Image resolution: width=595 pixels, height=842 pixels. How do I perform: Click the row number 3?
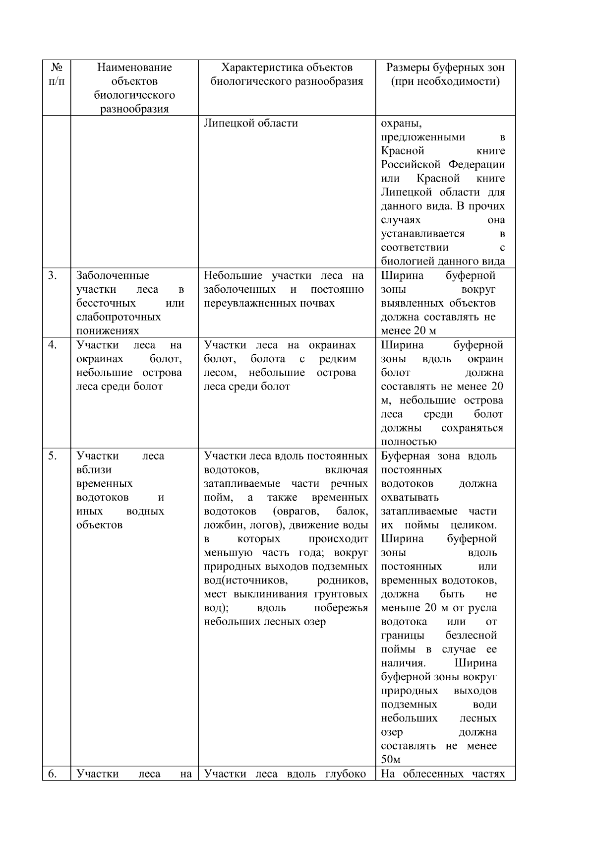click(53, 276)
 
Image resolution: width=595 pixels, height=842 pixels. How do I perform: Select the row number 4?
click(53, 345)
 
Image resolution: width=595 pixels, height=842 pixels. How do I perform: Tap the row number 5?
click(53, 456)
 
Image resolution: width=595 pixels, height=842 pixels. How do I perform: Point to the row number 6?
click(53, 774)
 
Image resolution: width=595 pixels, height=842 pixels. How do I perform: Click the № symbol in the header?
click(57, 67)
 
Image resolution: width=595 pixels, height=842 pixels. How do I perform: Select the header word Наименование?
click(134, 67)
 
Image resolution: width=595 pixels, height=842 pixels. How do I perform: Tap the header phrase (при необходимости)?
click(445, 81)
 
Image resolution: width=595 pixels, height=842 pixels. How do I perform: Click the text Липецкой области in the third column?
click(251, 123)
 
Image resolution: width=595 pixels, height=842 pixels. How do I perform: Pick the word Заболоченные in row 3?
click(113, 276)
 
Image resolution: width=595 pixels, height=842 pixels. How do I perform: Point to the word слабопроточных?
click(119, 317)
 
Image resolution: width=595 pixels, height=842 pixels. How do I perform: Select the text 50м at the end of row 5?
click(391, 760)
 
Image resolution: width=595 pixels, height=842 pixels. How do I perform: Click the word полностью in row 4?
click(409, 442)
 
